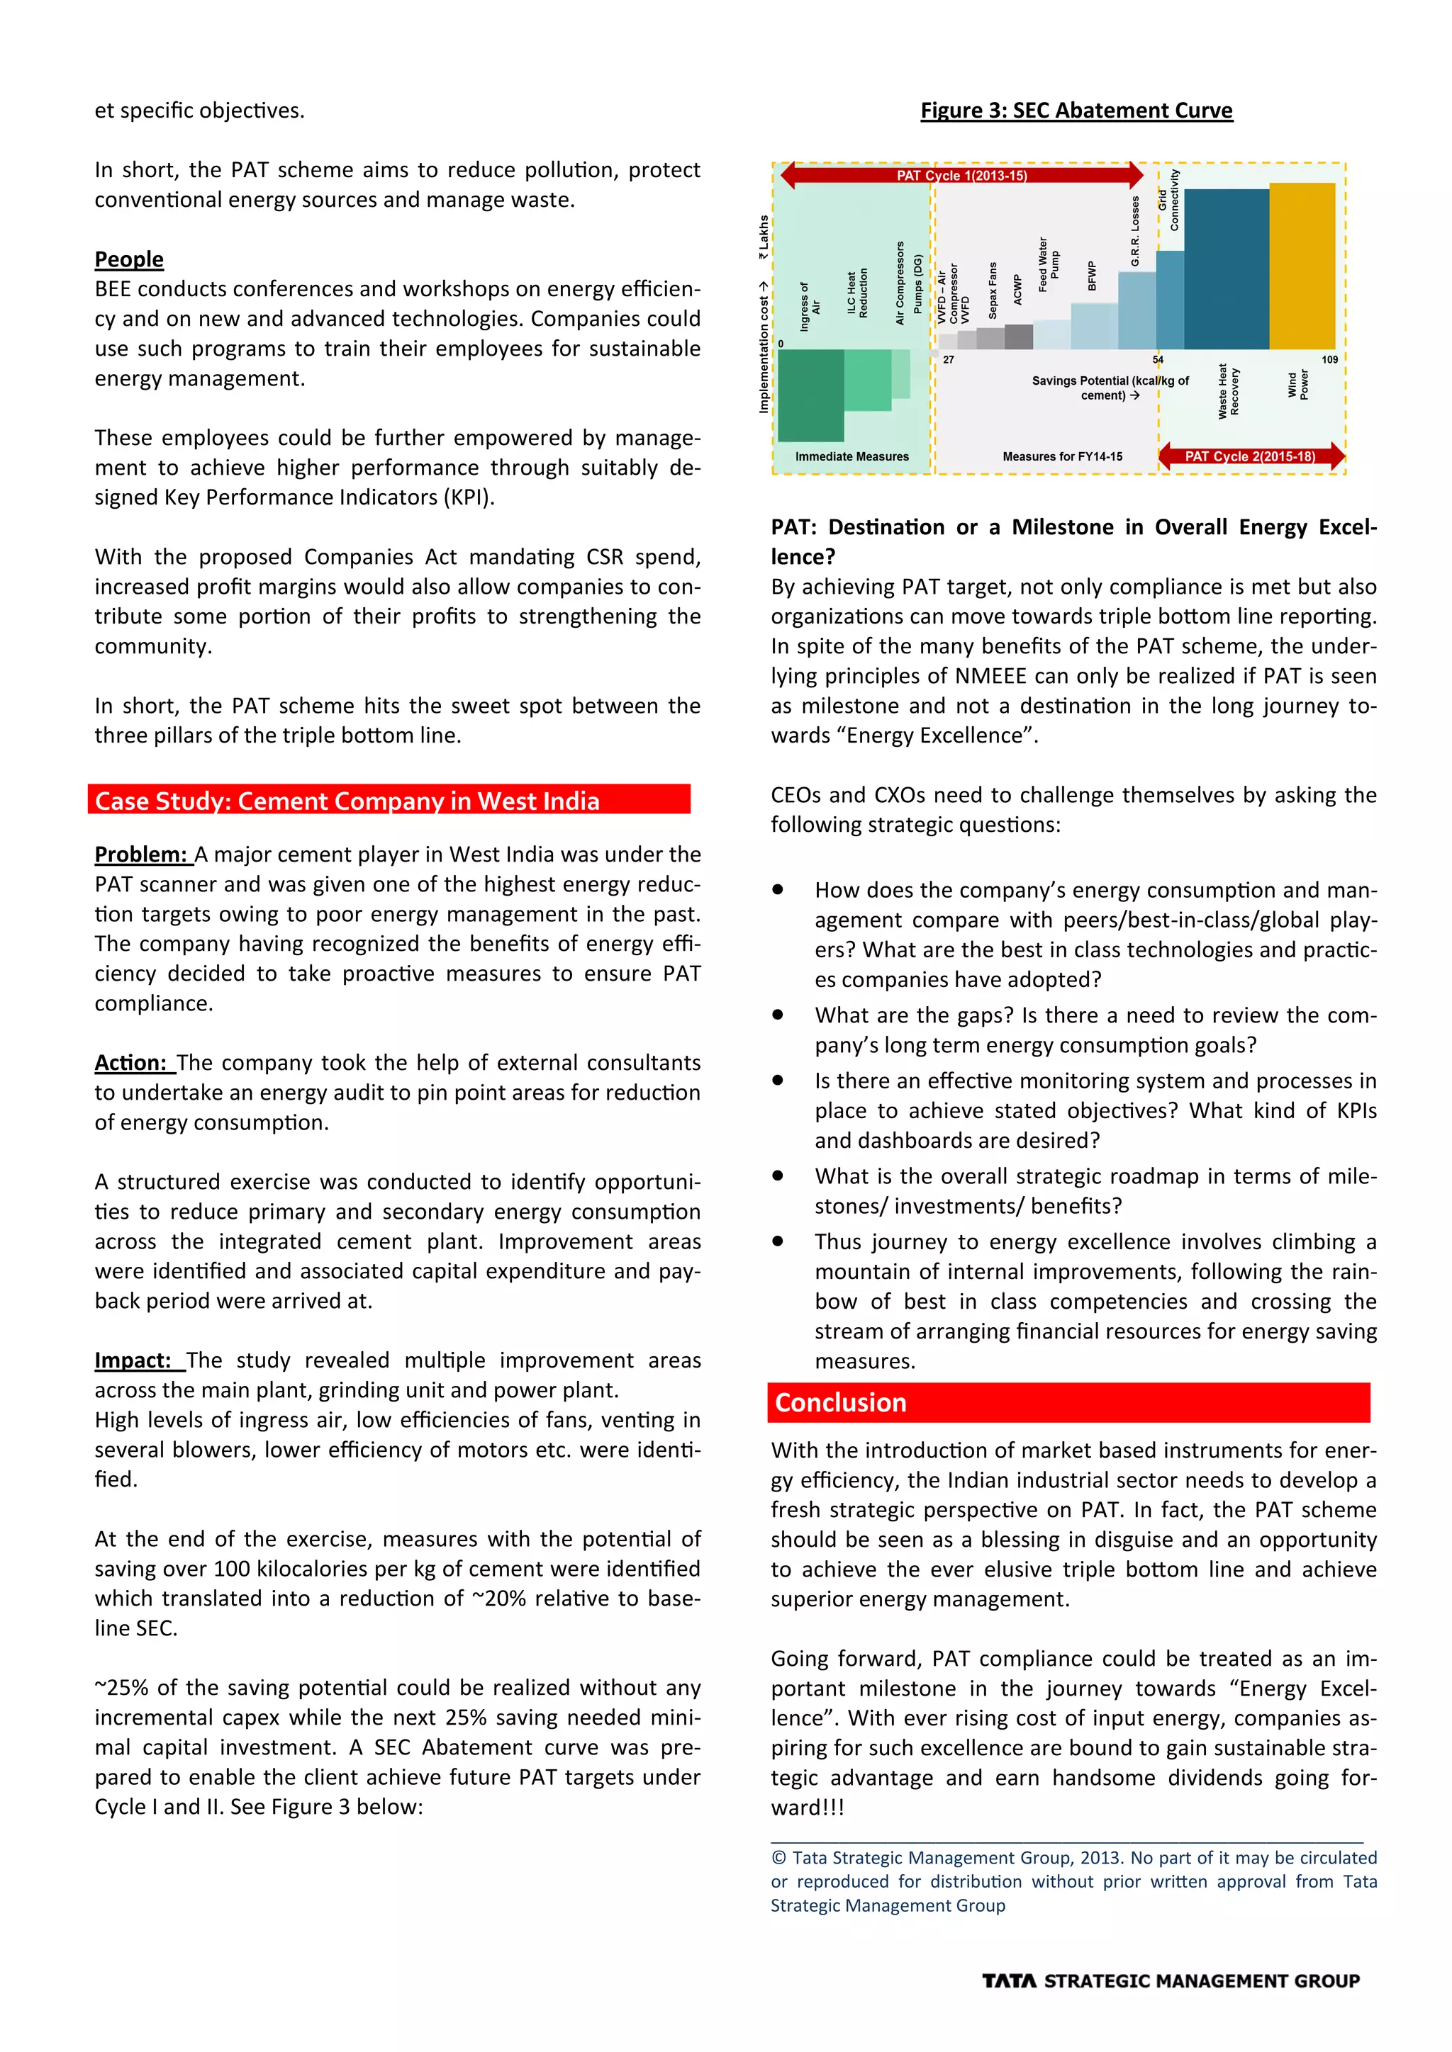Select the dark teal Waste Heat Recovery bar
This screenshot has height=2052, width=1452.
click(x=1226, y=268)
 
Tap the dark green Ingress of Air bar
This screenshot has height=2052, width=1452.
click(x=810, y=395)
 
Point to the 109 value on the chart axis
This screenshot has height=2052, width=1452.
click(x=1329, y=359)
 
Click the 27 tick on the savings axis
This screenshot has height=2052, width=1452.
click(x=949, y=359)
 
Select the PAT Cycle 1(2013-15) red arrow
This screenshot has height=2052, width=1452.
click(x=962, y=175)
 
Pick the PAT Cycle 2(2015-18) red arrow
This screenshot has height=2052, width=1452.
click(x=1250, y=456)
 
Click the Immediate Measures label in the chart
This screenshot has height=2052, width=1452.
click(x=851, y=457)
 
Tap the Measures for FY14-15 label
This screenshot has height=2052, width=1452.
click(x=1062, y=457)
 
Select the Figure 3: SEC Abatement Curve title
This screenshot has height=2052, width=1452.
click(x=1076, y=111)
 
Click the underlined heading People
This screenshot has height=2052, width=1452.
click(x=130, y=259)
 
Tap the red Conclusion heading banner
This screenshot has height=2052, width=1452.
click(x=1068, y=1402)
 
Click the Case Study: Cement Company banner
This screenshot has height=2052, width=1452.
click(x=389, y=800)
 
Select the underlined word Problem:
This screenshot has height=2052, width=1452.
click(x=143, y=855)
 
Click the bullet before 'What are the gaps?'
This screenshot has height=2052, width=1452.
click(x=778, y=1015)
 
